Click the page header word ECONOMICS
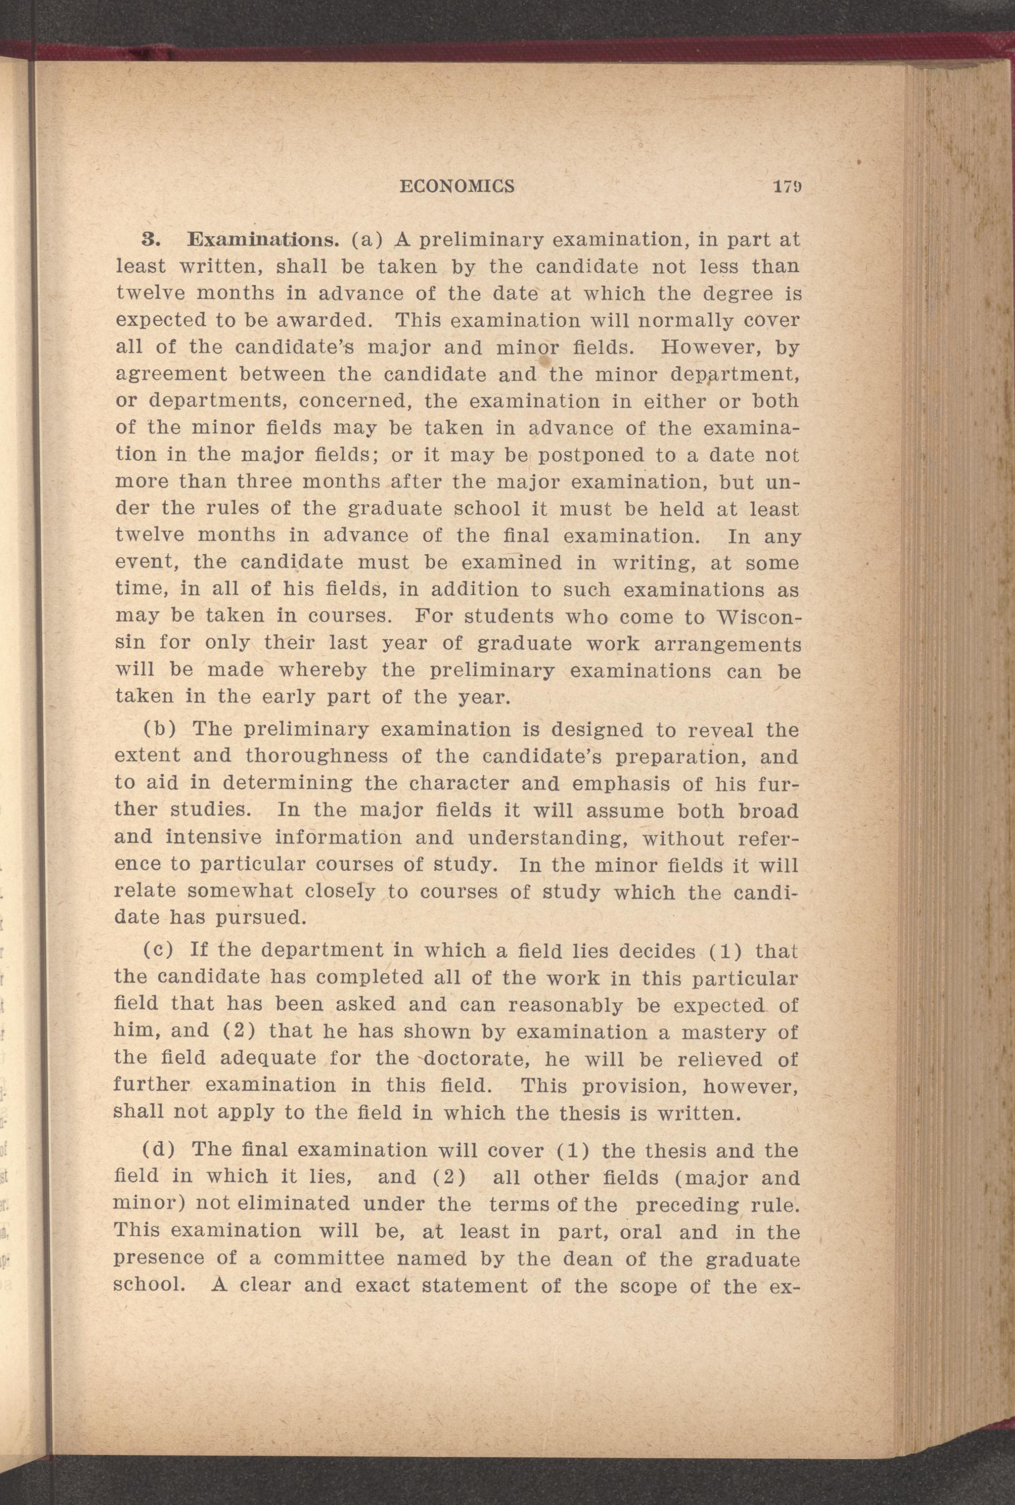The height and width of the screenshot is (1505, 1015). (457, 186)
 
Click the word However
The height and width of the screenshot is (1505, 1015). (709, 347)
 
